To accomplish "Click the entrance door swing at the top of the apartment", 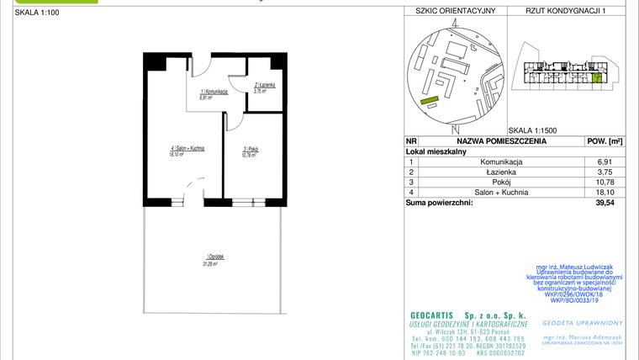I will pos(200,66).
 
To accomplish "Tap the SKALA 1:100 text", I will pos(33,13).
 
